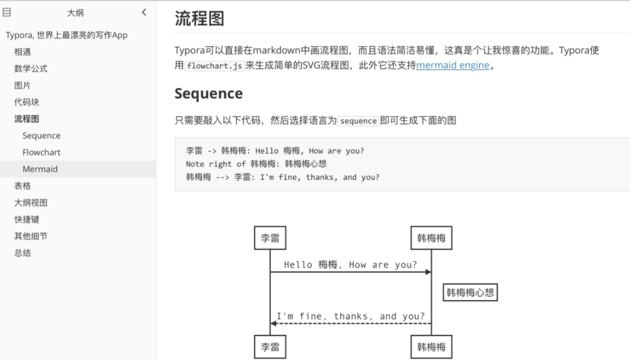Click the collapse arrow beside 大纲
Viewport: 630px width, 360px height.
[x=144, y=12]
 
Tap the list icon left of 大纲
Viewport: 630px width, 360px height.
[x=7, y=12]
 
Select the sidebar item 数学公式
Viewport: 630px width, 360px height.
[x=31, y=68]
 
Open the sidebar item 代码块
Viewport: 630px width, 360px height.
[x=27, y=102]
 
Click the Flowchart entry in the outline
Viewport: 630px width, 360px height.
[x=41, y=152]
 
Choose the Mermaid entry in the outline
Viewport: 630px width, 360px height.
[x=40, y=169]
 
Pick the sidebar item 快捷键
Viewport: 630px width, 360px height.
[x=27, y=219]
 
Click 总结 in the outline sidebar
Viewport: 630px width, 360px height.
[x=23, y=253]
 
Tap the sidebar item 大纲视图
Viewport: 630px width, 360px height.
[x=31, y=202]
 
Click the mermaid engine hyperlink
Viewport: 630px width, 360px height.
[x=453, y=65]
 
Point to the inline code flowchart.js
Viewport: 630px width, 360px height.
[x=214, y=66]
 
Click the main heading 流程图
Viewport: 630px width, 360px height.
[x=199, y=19]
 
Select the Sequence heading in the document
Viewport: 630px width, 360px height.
[x=208, y=93]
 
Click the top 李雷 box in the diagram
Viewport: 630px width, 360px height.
[x=270, y=238]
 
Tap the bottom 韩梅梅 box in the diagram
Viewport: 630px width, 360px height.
[x=431, y=347]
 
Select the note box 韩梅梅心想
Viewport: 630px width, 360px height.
[x=470, y=292]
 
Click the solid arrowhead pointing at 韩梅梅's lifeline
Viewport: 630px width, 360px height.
[x=428, y=272]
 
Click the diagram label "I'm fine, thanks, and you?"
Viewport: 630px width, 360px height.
[x=351, y=316]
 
